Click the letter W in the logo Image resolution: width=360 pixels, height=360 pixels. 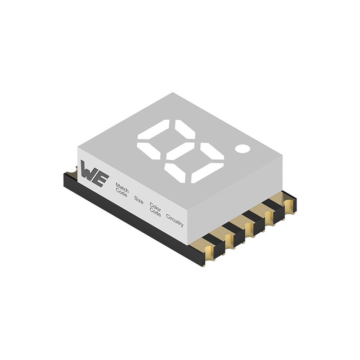click(88, 171)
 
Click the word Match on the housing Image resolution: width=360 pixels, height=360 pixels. click(122, 187)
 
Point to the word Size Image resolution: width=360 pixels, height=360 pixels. click(139, 200)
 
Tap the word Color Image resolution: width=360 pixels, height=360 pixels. click(155, 208)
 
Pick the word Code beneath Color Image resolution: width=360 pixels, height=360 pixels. click(155, 214)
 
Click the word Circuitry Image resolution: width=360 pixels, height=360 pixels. click(175, 220)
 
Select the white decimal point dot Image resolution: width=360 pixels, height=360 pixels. click(242, 148)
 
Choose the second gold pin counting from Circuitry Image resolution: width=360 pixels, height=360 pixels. click(229, 241)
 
